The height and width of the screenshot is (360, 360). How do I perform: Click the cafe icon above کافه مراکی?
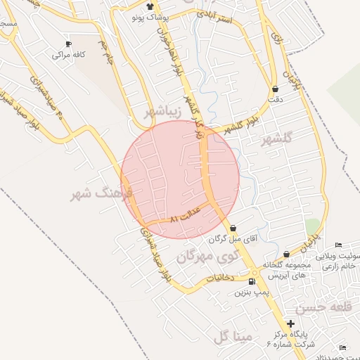point(68,43)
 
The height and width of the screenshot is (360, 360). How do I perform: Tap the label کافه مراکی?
point(69,54)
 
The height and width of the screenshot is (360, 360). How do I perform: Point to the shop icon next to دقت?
point(275,89)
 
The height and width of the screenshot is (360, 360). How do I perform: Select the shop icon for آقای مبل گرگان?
point(233,229)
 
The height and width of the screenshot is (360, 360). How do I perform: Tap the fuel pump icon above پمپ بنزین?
point(252,281)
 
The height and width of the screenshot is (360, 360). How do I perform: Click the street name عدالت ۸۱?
point(186,214)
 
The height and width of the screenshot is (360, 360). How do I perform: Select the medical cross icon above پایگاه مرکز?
point(291,323)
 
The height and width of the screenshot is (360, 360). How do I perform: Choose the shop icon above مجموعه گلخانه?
point(286,255)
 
